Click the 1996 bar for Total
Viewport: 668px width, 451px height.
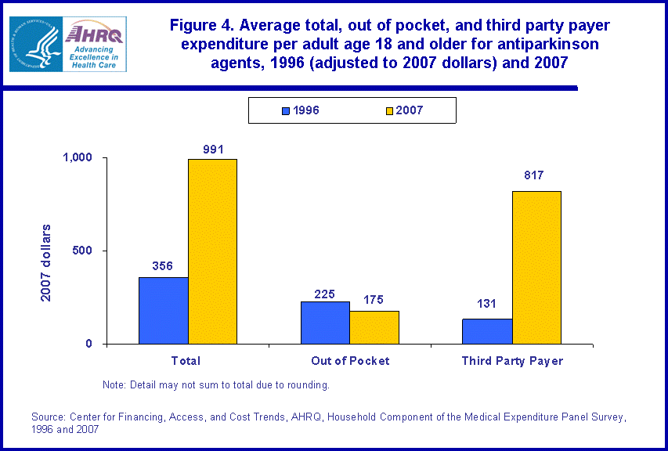coord(163,311)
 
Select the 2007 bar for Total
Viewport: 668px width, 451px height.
coord(212,251)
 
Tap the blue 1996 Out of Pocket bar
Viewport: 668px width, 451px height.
coord(325,323)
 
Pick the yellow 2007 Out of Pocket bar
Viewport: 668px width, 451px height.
coord(374,327)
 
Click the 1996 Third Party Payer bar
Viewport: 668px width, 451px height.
coord(487,331)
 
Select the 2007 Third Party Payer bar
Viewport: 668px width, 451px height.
coord(536,267)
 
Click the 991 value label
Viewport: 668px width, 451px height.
coord(212,147)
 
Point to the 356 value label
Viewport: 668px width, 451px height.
coord(163,265)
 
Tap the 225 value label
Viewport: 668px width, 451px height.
coord(325,295)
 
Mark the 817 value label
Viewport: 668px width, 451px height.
coord(535,175)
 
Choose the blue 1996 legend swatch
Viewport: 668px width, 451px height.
coord(287,111)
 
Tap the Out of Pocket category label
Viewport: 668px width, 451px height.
coord(350,361)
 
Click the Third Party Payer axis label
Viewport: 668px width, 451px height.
coord(512,361)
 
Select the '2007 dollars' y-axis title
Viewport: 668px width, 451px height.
coord(47,262)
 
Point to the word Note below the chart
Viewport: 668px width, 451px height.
coord(114,385)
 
